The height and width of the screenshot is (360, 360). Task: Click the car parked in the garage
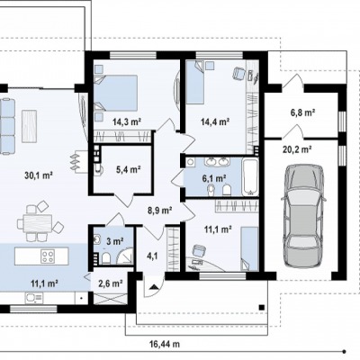(303, 216)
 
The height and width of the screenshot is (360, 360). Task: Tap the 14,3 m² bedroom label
(127, 121)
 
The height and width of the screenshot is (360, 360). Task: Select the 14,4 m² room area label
(215, 121)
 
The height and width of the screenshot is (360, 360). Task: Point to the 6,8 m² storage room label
(302, 112)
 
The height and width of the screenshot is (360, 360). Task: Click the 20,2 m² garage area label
(297, 148)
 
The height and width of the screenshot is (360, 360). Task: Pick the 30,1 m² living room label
(39, 175)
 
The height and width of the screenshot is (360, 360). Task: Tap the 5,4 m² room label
(129, 170)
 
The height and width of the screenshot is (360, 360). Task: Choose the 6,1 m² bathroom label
(214, 179)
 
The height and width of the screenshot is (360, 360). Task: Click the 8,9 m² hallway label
(159, 211)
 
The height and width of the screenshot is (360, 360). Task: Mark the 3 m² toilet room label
(115, 241)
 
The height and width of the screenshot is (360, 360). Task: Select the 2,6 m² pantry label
(111, 283)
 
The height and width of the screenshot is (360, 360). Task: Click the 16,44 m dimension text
(165, 344)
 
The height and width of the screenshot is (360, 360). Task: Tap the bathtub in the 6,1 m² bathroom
(250, 177)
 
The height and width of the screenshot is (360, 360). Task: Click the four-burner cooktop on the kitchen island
(48, 256)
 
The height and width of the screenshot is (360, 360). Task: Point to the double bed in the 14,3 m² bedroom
(116, 94)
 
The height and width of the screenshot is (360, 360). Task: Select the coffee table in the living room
(30, 126)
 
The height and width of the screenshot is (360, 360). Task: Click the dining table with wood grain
(38, 223)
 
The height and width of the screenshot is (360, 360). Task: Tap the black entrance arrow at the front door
(154, 287)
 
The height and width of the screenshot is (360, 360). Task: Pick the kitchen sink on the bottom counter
(34, 298)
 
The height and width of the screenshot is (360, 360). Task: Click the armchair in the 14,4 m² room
(238, 73)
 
